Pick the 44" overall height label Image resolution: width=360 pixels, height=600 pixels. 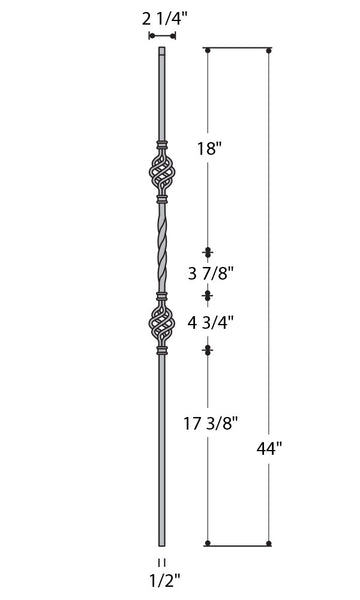click(270, 447)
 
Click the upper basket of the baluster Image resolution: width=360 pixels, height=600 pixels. click(161, 177)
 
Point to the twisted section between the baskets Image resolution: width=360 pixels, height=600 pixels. click(161, 249)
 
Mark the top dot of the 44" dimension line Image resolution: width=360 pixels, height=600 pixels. click(270, 49)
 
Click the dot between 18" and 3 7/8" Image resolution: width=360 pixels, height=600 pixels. click(208, 252)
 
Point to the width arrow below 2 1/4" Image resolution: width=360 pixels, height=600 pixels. click(162, 35)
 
